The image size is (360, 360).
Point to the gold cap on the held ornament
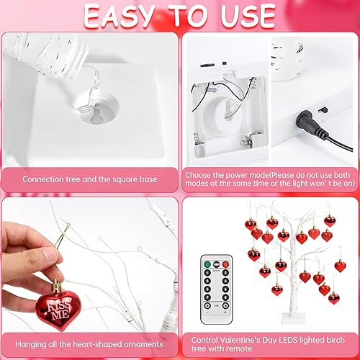55,287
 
